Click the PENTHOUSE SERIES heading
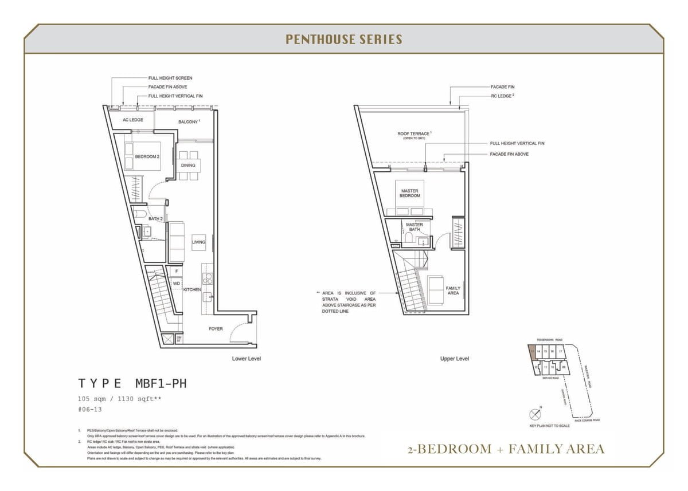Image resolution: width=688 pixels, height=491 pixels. [x=343, y=40]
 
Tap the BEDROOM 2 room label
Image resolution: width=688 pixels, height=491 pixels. [x=147, y=156]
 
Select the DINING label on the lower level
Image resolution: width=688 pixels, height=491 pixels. [x=188, y=166]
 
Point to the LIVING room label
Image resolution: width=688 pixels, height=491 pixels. [x=198, y=242]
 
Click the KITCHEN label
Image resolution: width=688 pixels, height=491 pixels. [x=192, y=290]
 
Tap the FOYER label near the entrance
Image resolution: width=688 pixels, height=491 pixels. [x=216, y=329]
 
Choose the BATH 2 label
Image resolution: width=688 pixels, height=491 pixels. [x=156, y=219]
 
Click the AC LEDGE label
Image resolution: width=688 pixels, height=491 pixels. [x=133, y=120]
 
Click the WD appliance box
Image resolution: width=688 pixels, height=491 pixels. [x=177, y=284]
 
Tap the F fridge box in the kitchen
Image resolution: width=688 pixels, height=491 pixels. [x=177, y=271]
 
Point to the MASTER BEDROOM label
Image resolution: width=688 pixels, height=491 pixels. [x=410, y=194]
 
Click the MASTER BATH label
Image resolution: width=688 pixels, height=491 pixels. [x=414, y=227]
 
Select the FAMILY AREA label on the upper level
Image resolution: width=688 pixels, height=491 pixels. [x=453, y=290]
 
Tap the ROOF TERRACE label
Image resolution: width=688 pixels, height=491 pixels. [x=414, y=135]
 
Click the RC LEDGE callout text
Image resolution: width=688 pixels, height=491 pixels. [x=502, y=96]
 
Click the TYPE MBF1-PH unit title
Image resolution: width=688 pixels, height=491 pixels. [x=132, y=383]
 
